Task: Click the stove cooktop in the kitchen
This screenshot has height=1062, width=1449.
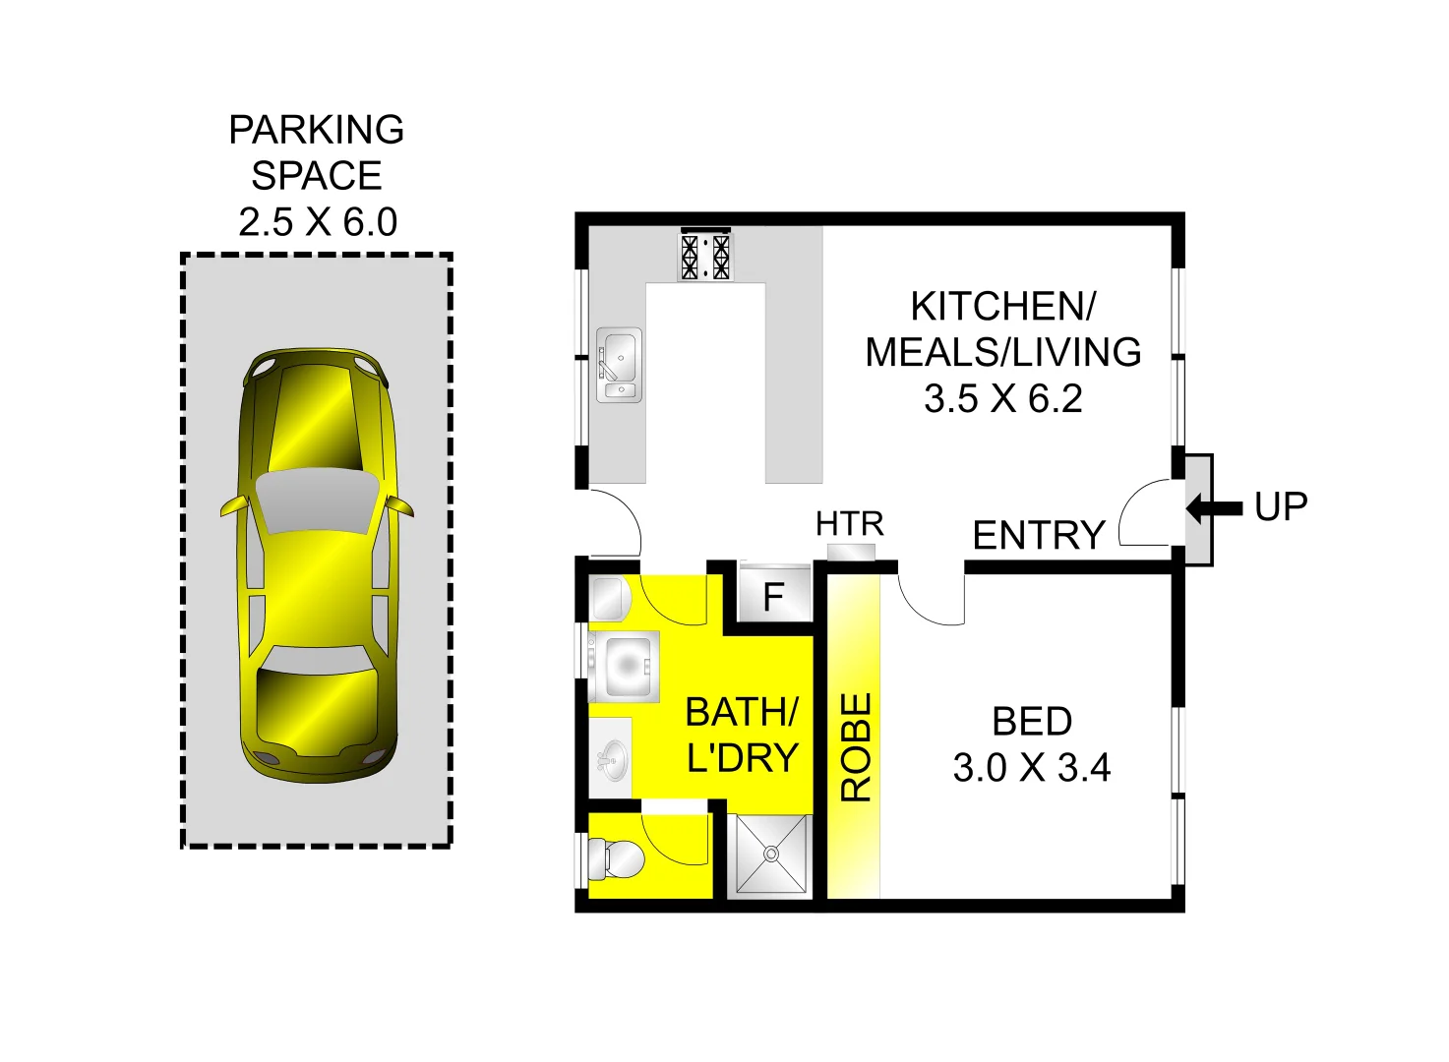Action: (705, 257)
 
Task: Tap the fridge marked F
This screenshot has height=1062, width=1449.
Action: (774, 596)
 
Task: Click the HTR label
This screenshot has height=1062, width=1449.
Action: (850, 524)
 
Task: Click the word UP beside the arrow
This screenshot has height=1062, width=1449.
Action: (1281, 507)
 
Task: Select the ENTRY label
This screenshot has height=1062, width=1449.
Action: (1039, 536)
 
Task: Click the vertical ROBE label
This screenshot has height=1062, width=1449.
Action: (856, 746)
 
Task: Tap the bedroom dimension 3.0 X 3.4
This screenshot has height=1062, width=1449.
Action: (1031, 768)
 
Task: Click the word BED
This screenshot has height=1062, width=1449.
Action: (1031, 722)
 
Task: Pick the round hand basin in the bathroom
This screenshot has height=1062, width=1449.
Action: (614, 760)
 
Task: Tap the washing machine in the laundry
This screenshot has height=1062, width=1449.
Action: (624, 667)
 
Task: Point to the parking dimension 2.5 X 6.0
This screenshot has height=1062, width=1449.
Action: (317, 222)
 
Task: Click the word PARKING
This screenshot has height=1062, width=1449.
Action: (317, 130)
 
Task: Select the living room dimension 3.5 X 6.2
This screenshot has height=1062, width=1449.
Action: (1002, 398)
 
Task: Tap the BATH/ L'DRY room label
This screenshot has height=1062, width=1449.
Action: (742, 735)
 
